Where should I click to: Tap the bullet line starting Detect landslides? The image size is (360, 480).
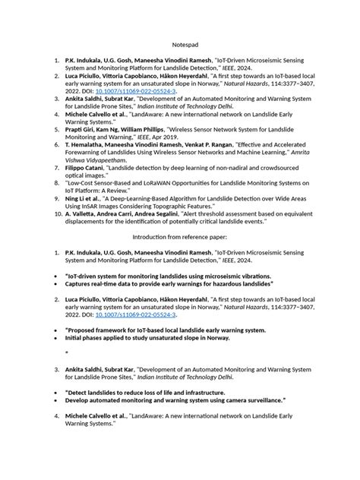153,392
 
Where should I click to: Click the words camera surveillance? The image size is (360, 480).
250,399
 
